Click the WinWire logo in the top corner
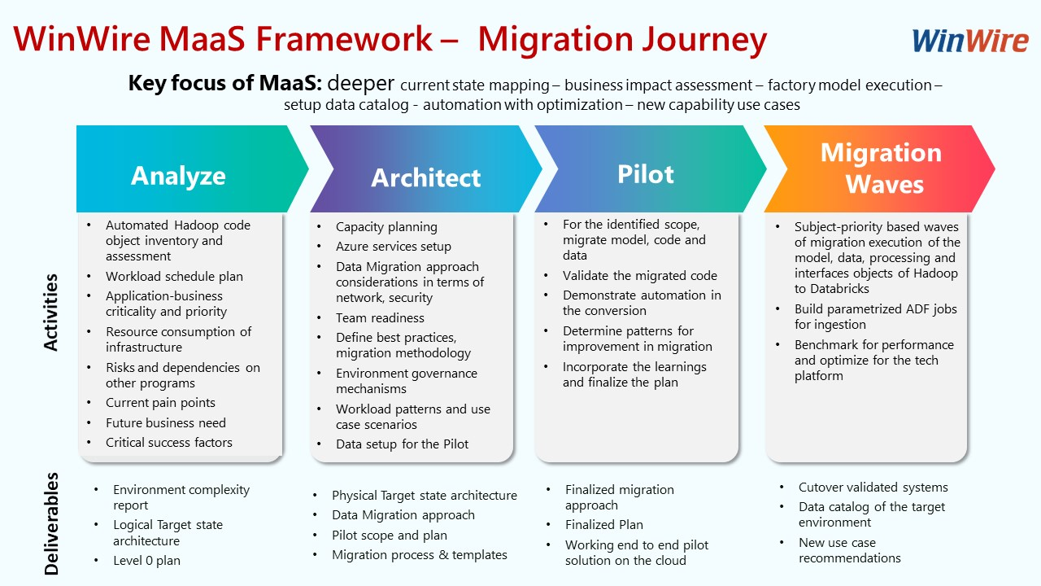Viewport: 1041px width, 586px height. [x=969, y=40]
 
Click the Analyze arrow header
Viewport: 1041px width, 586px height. [x=178, y=175]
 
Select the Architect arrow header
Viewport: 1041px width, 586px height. [x=425, y=177]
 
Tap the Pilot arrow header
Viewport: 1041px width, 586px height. [x=645, y=173]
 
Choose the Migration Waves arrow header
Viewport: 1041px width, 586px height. [x=882, y=168]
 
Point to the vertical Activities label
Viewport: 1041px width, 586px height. [x=51, y=313]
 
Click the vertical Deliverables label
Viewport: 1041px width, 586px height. [x=51, y=523]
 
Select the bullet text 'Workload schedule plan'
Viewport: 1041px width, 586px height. [x=174, y=277]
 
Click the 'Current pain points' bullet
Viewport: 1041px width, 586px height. [x=160, y=403]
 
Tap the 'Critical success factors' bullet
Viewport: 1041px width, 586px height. [x=169, y=443]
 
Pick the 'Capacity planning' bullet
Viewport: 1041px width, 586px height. [x=386, y=227]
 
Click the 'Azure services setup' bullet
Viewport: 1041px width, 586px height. [x=393, y=247]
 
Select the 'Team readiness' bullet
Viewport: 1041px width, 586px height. [x=380, y=318]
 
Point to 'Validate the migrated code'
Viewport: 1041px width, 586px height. [x=640, y=276]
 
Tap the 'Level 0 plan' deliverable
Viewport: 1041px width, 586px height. [x=146, y=561]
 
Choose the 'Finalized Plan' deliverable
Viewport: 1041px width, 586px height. [x=603, y=525]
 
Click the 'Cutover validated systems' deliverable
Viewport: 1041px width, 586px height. [x=873, y=488]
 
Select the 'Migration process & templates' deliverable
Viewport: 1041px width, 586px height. [x=419, y=555]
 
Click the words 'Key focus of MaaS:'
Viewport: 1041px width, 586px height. [x=225, y=84]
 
